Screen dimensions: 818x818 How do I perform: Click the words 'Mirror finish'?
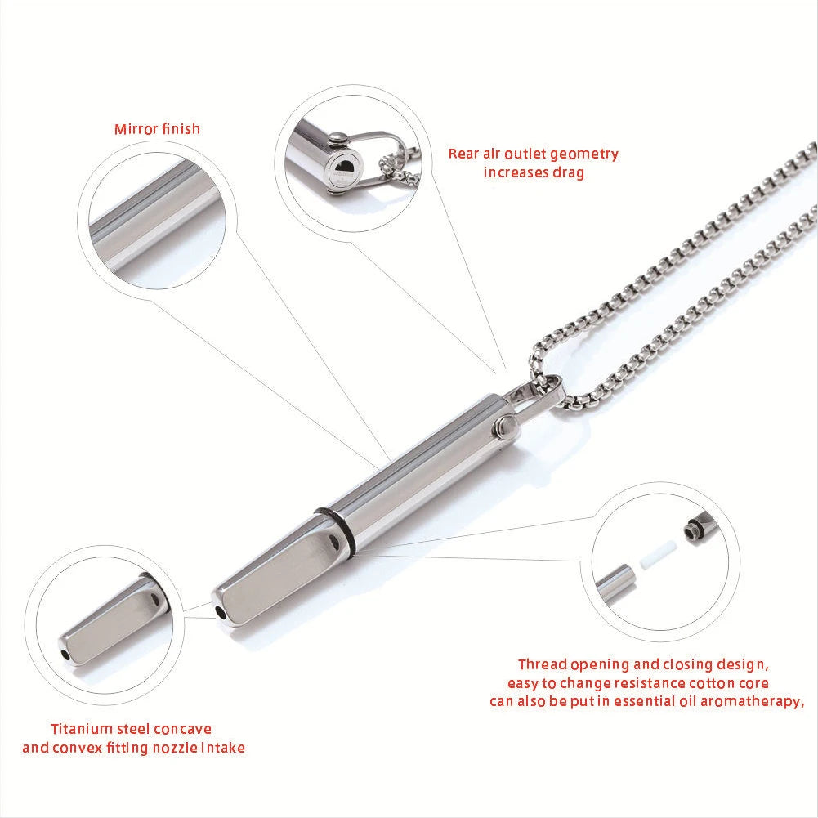(157, 129)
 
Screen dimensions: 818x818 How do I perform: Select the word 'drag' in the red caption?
(567, 172)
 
